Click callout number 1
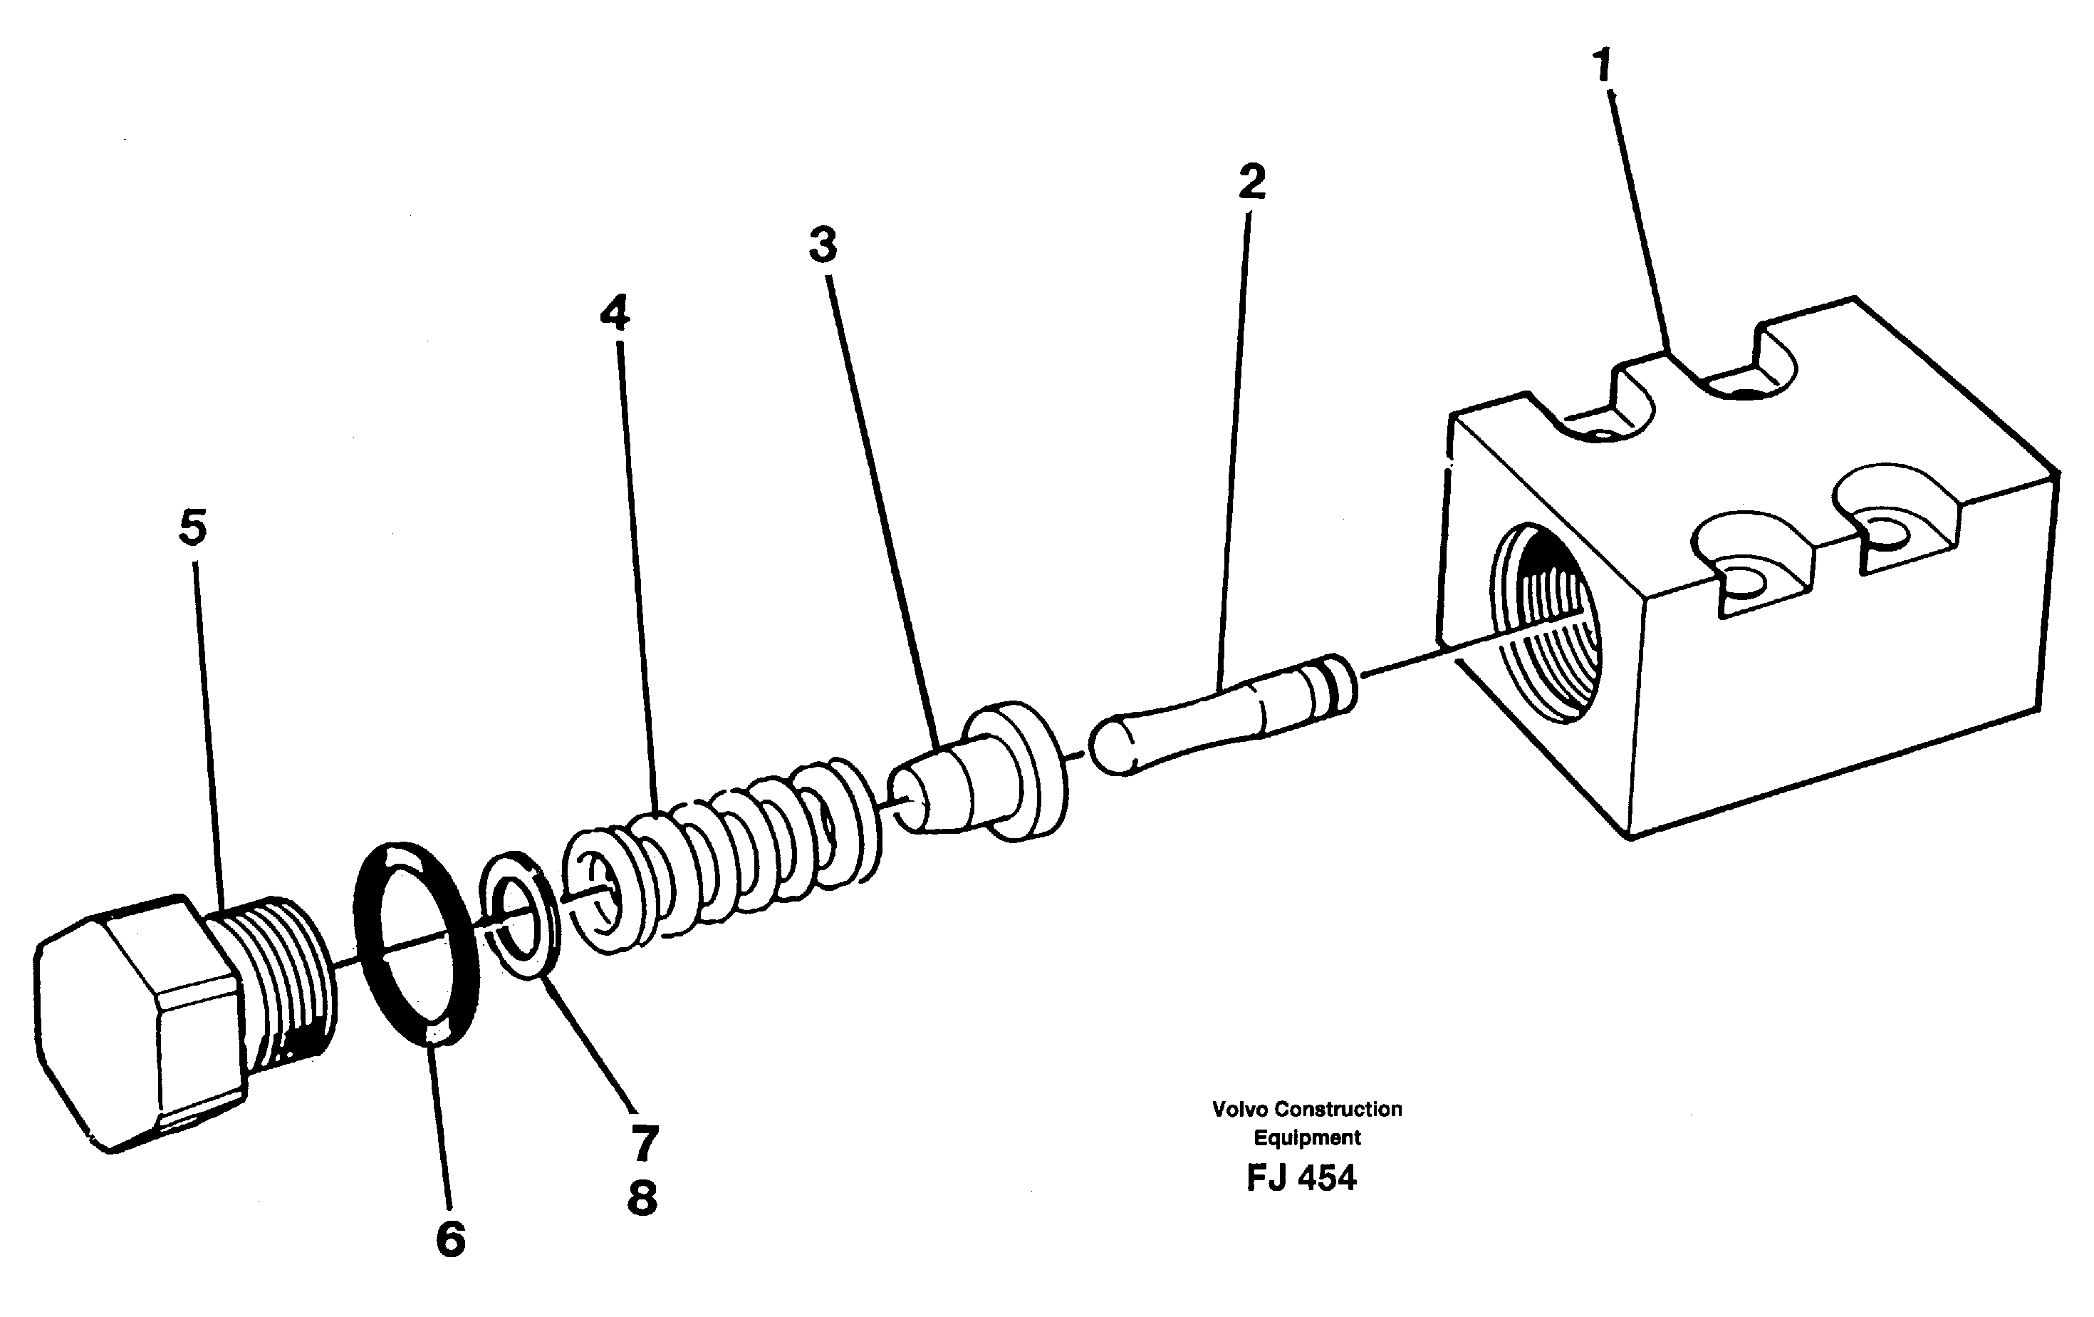tap(1602, 66)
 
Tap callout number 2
tap(1251, 182)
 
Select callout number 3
tap(823, 244)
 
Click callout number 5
tap(193, 528)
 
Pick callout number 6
tap(450, 1238)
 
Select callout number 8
tap(642, 1198)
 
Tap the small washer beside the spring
tap(520, 915)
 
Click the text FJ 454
tap(1301, 1179)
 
